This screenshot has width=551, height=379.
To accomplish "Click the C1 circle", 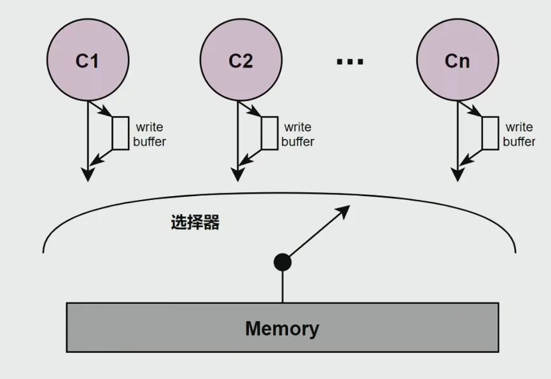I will point(87,61).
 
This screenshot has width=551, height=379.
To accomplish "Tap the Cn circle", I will point(457,61).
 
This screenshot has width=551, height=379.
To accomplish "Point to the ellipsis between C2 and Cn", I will point(349,61).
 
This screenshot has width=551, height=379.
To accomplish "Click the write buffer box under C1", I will point(120,133).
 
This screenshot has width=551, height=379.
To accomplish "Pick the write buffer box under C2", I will point(270,133).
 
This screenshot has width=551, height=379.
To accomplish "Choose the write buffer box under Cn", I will point(490,133).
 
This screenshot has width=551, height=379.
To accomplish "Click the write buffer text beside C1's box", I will point(150,134).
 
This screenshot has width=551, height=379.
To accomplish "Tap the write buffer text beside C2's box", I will point(298,134).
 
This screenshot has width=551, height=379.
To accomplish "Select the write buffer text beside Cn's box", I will point(519,134).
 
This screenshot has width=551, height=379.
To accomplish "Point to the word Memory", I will point(282,329).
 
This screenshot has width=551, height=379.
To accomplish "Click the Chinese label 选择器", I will point(195,222).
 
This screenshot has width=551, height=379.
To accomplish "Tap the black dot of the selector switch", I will point(282,261).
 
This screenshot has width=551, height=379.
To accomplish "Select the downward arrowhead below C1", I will point(88,175).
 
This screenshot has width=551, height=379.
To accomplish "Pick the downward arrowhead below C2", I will point(237,175).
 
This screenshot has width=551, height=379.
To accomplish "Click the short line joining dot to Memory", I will point(282,287).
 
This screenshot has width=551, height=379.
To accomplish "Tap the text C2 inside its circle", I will point(241,61).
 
